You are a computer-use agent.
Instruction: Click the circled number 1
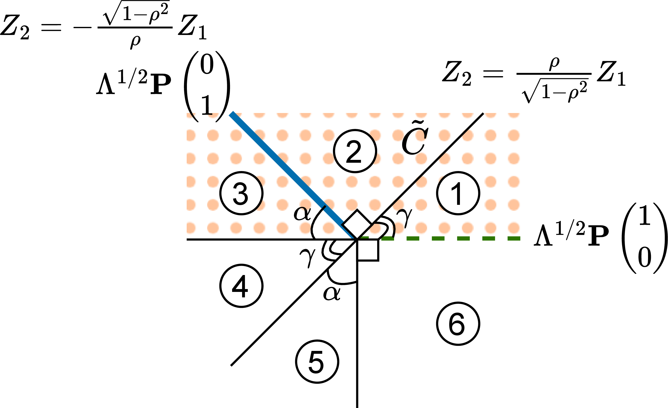coord(458,193)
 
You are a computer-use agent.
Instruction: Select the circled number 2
coord(355,151)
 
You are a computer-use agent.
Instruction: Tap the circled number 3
coord(241,193)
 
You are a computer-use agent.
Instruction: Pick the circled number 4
coord(241,286)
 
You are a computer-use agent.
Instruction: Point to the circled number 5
coord(317,362)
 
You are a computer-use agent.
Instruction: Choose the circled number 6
coord(458,324)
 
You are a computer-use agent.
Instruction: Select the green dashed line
coord(439,238)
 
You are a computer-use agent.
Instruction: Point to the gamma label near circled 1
coord(405,218)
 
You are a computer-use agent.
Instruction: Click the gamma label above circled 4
coord(308,258)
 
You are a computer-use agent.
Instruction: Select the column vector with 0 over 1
coord(207,86)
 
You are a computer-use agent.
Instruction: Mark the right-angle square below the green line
coord(368,250)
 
